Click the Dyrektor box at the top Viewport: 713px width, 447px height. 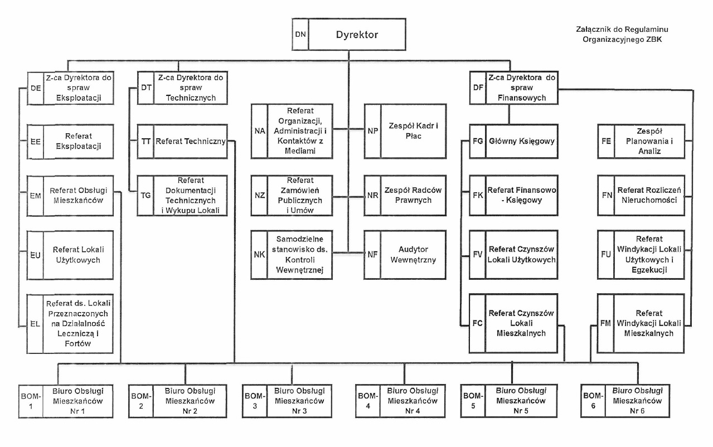click(x=357, y=35)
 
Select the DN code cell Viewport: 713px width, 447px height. click(x=300, y=35)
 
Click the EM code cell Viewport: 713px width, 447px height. click(x=35, y=196)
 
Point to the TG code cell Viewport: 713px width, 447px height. click(x=145, y=195)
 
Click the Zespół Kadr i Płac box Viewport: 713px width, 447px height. click(x=412, y=131)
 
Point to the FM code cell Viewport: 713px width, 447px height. click(x=604, y=323)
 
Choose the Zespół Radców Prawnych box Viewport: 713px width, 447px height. click(x=412, y=195)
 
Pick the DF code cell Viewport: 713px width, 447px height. click(x=477, y=88)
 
